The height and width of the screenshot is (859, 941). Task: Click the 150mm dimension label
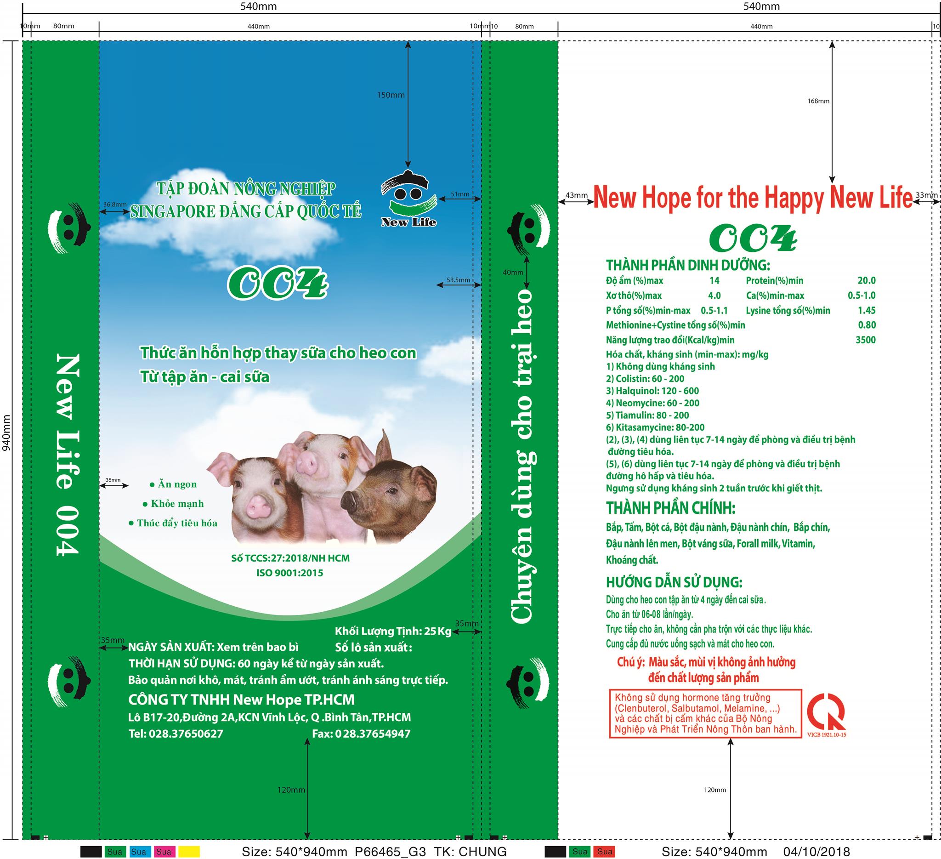pos(391,95)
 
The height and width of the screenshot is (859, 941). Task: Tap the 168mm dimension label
pos(818,101)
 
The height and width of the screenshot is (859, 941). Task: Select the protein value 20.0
pos(866,280)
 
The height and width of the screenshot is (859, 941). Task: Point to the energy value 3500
pos(865,340)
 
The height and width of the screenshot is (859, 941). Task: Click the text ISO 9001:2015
pos(290,573)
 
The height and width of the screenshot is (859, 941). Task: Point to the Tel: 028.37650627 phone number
pos(176,734)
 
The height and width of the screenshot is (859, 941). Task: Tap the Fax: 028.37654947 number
pos(361,734)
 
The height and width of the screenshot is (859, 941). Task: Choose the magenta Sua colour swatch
pos(164,852)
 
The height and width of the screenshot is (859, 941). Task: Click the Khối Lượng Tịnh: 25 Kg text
pos(393,631)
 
